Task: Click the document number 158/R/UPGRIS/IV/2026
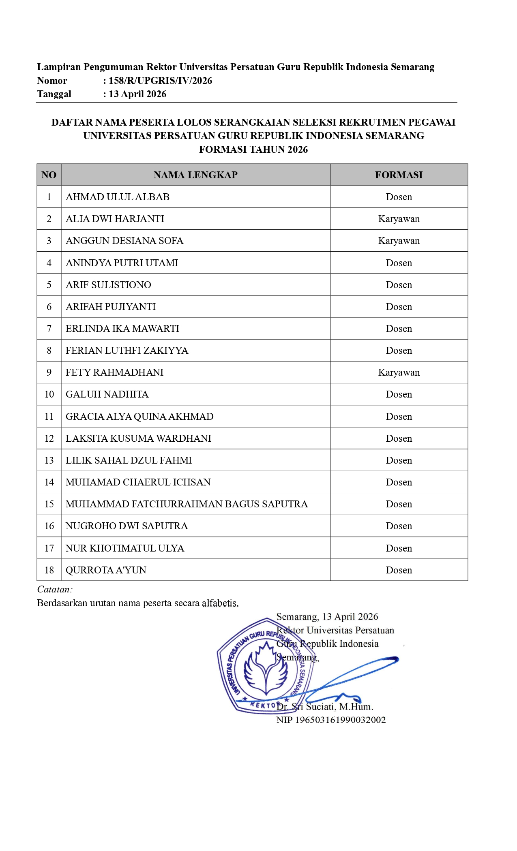tap(160, 81)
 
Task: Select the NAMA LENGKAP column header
tap(195, 175)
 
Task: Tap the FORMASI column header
tap(399, 175)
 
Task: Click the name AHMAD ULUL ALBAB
tap(118, 197)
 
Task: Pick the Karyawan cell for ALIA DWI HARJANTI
tap(399, 219)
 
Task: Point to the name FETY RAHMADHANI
tap(115, 372)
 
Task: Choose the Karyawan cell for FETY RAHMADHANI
tap(399, 372)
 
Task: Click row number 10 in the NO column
tap(49, 394)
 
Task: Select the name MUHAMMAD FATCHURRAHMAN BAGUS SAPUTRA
tap(187, 504)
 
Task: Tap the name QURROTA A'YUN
tap(106, 570)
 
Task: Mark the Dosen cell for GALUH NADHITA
tap(399, 394)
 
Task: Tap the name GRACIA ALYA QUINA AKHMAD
tap(139, 417)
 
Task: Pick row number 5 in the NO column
tap(49, 285)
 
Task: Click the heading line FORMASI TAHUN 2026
tap(253, 150)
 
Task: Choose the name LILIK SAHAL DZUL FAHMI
tap(129, 460)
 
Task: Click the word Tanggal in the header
tap(54, 94)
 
